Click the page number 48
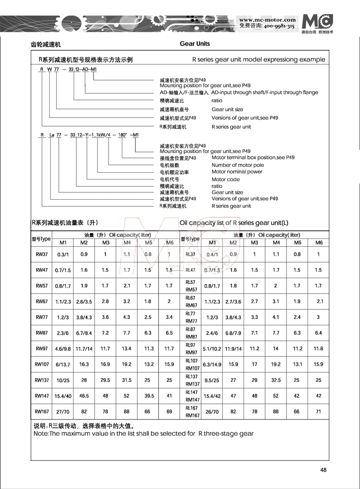(x=323, y=469)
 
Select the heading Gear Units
(x=195, y=44)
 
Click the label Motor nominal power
(x=237, y=172)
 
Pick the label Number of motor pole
(x=238, y=165)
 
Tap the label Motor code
(x=226, y=179)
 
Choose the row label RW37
(x=42, y=254)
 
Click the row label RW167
(x=42, y=411)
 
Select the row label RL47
(x=191, y=270)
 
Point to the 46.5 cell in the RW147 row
(x=84, y=395)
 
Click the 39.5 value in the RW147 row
(x=149, y=395)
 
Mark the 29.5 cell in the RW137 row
(x=106, y=380)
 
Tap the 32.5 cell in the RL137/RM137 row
(x=276, y=380)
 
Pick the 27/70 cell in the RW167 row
(x=62, y=411)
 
